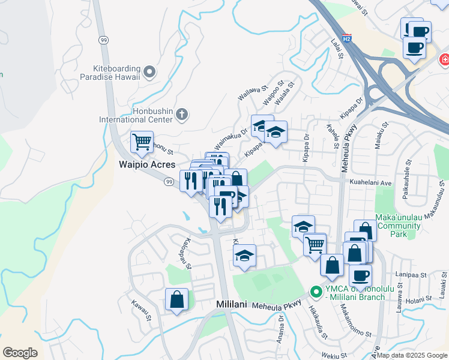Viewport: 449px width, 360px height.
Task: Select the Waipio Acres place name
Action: pos(146,164)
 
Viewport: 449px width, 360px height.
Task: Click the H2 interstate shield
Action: pos(347,40)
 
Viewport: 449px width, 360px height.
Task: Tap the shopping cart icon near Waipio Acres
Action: pos(142,142)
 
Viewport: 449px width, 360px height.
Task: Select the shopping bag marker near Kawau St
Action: pos(176,299)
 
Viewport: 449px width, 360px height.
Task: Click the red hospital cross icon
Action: pos(445,59)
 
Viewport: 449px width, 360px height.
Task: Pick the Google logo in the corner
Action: pos(20,352)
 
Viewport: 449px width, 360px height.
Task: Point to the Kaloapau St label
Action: pos(182,253)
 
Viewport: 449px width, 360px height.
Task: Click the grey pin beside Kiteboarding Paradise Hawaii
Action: pos(150,73)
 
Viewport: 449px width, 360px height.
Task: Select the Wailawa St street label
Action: pos(252,93)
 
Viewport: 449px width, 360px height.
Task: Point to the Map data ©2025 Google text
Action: pos(412,355)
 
